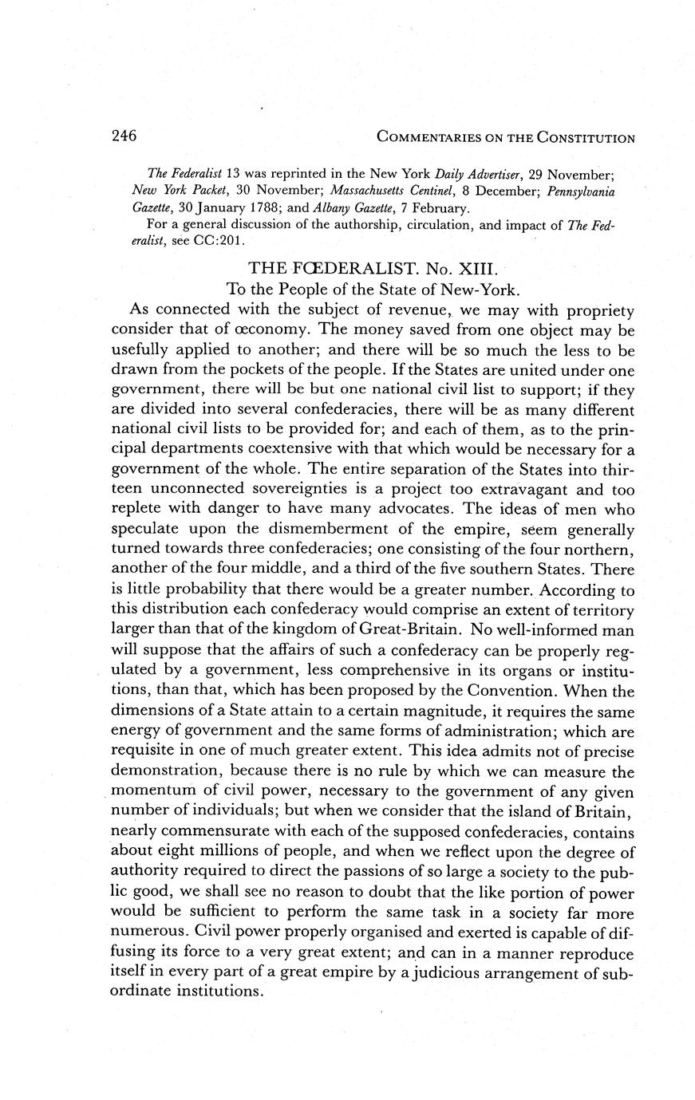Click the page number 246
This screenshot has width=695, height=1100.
pos(124,136)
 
